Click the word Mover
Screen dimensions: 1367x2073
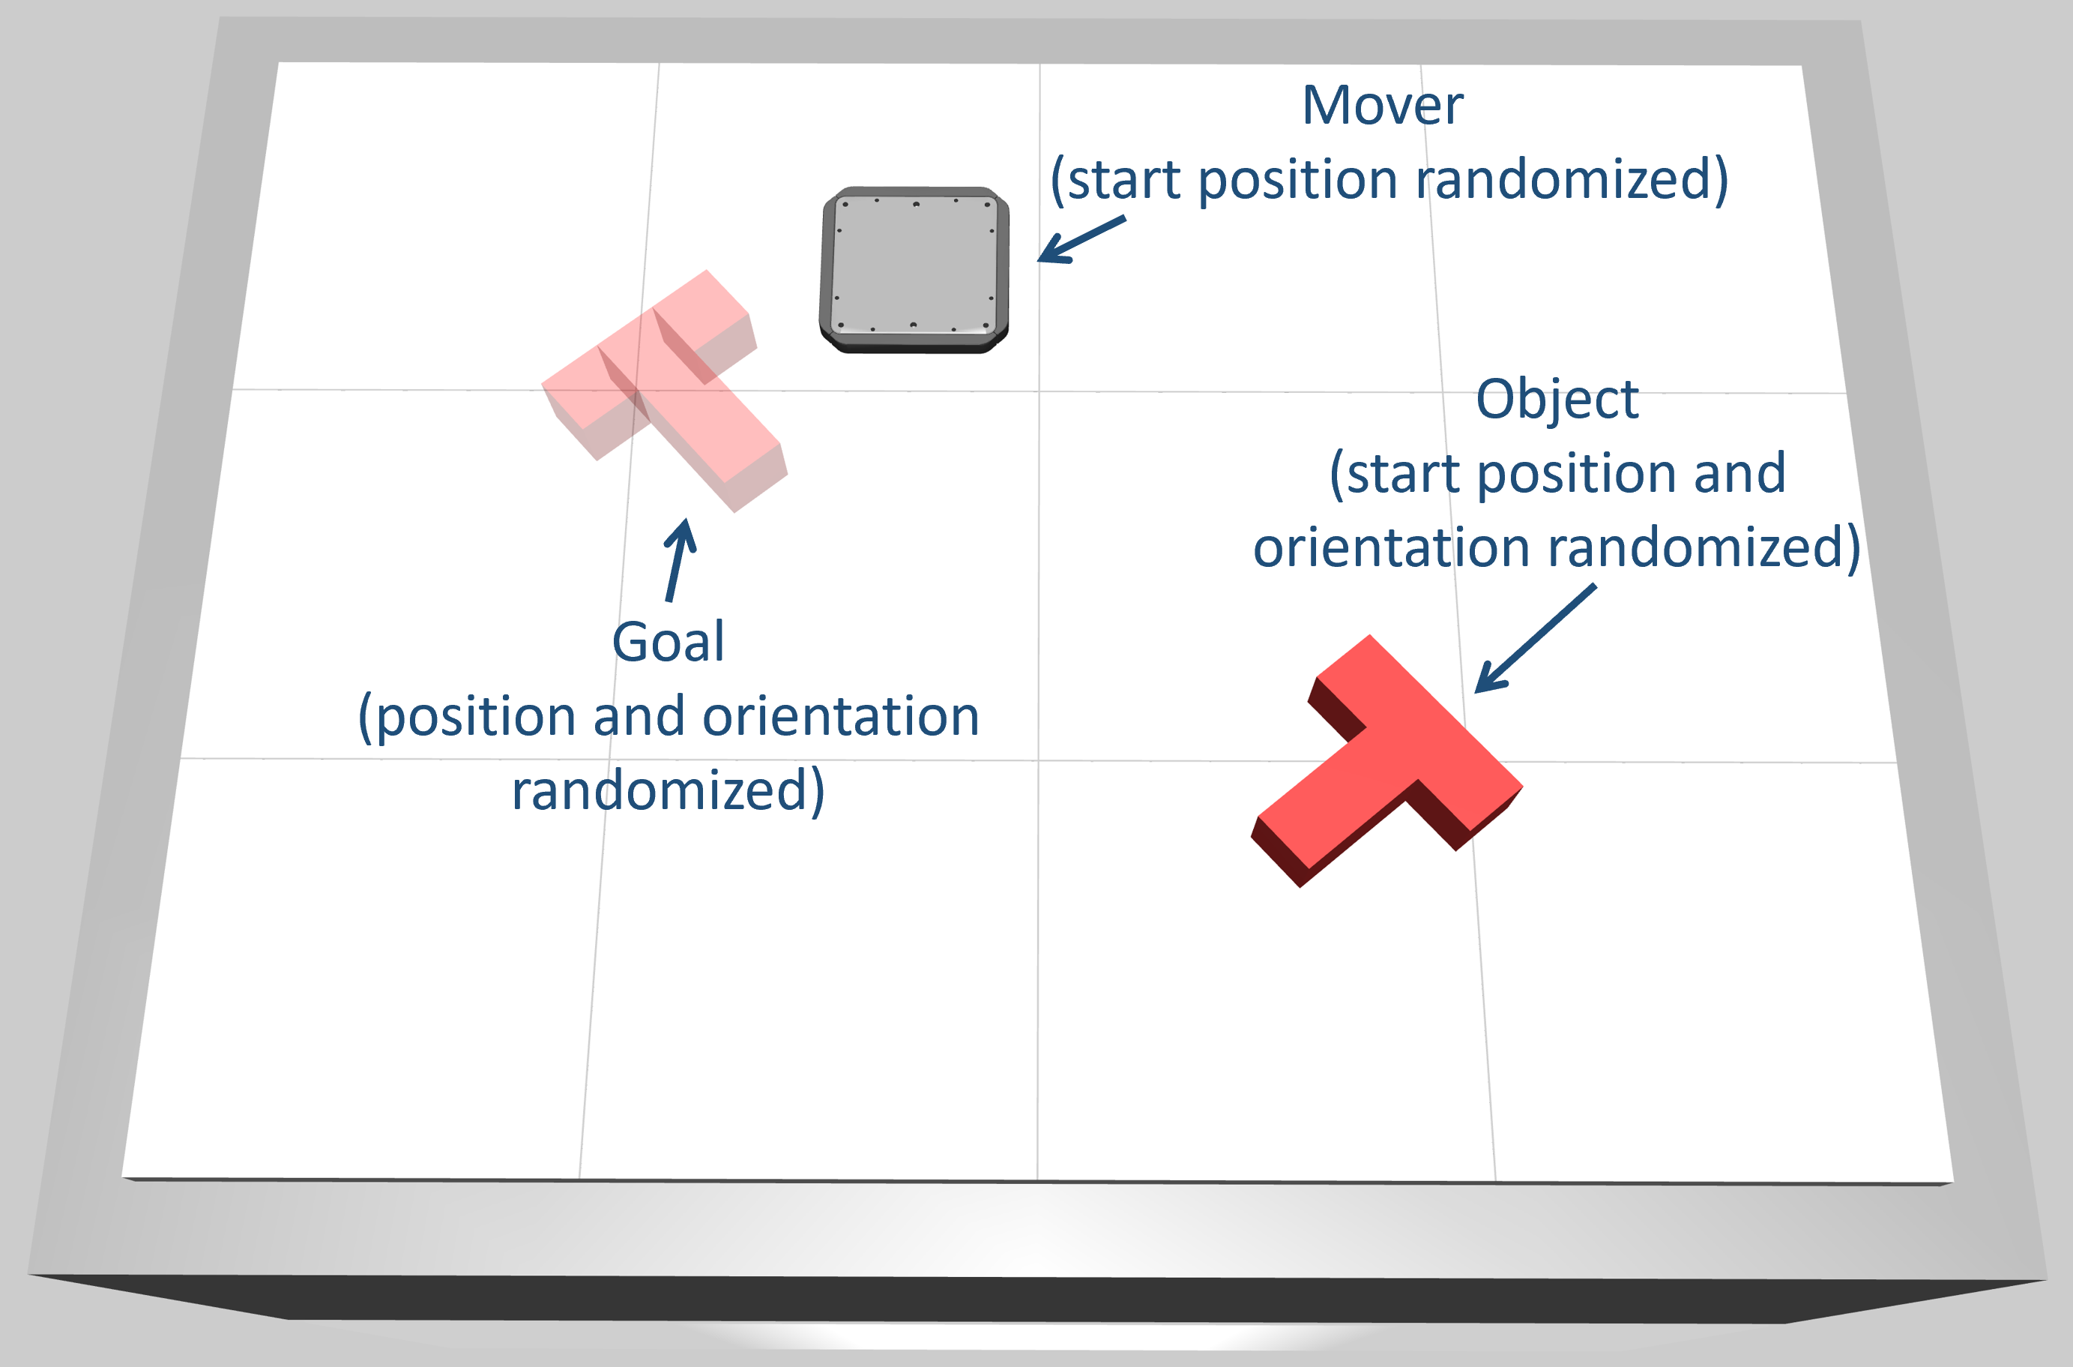coord(1382,106)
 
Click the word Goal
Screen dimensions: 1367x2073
coord(669,643)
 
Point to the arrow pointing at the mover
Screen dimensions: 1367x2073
coord(1081,240)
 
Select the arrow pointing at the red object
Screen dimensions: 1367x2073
coord(1533,638)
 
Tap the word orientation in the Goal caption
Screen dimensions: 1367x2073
coord(841,718)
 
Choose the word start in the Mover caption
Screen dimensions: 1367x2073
coord(1125,181)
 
